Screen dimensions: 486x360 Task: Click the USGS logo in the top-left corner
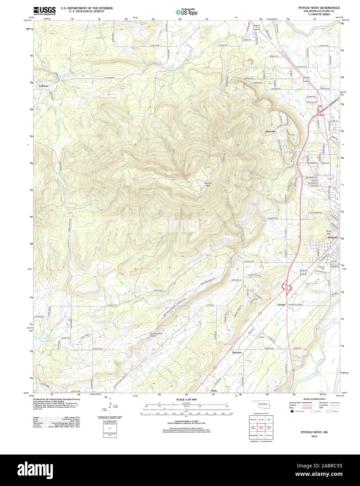44,11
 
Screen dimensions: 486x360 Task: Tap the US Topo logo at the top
186,12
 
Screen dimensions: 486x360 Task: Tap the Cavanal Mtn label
209,184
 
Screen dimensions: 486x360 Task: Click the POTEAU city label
332,238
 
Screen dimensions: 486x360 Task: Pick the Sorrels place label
282,305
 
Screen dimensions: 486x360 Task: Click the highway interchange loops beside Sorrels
288,287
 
